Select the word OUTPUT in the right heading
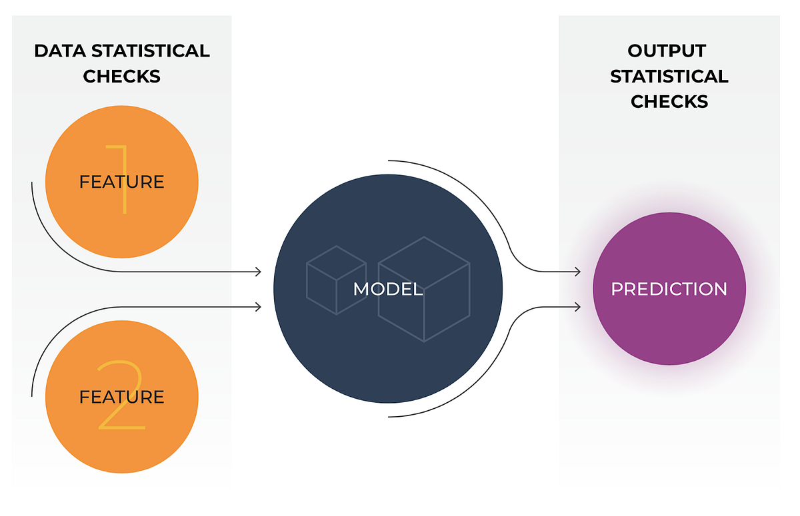[667, 51]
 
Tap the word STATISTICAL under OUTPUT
[669, 77]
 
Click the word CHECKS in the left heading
[121, 77]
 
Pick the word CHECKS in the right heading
[669, 102]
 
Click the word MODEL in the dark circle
[387, 289]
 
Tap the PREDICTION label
[669, 289]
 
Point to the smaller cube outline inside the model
[335, 280]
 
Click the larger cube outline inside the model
[424, 290]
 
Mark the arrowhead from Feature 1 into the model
[257, 272]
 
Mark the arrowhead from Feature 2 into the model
[257, 307]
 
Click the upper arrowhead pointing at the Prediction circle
[577, 272]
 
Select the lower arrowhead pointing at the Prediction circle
[577, 307]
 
